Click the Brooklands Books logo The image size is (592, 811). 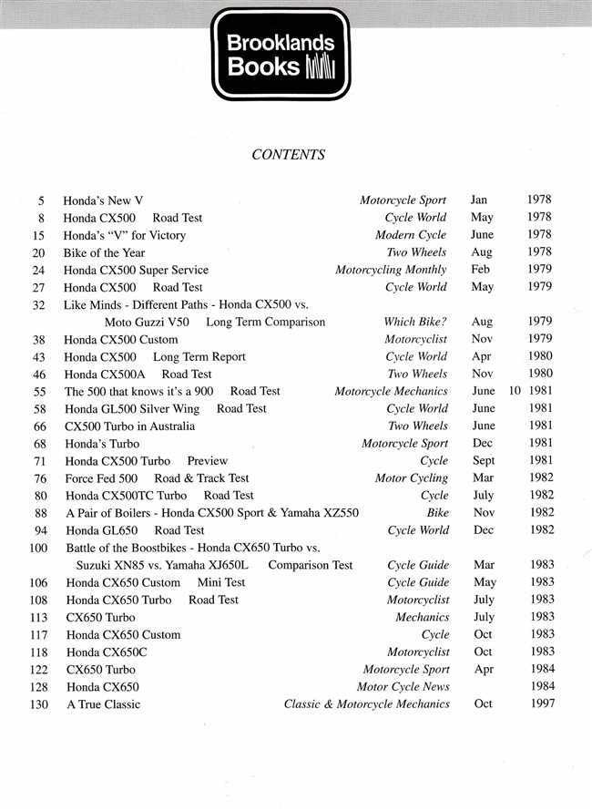pos(281,55)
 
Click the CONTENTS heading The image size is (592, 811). pos(288,155)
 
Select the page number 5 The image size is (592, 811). pos(42,200)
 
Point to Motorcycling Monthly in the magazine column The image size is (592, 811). pos(391,270)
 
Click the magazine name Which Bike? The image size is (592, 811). pos(415,322)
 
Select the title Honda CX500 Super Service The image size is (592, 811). pos(136,270)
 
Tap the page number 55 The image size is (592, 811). pos(39,392)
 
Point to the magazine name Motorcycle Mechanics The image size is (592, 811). pos(391,392)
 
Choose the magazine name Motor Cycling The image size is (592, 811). pos(412,478)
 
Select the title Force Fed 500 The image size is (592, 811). pos(101,478)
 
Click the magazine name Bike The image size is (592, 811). pos(437,513)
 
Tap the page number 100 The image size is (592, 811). pos(38,548)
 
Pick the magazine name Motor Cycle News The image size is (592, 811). pos(403,686)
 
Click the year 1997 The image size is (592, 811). pos(540,703)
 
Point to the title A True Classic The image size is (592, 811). pos(104,703)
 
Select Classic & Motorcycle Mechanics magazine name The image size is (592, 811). pos(366,703)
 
